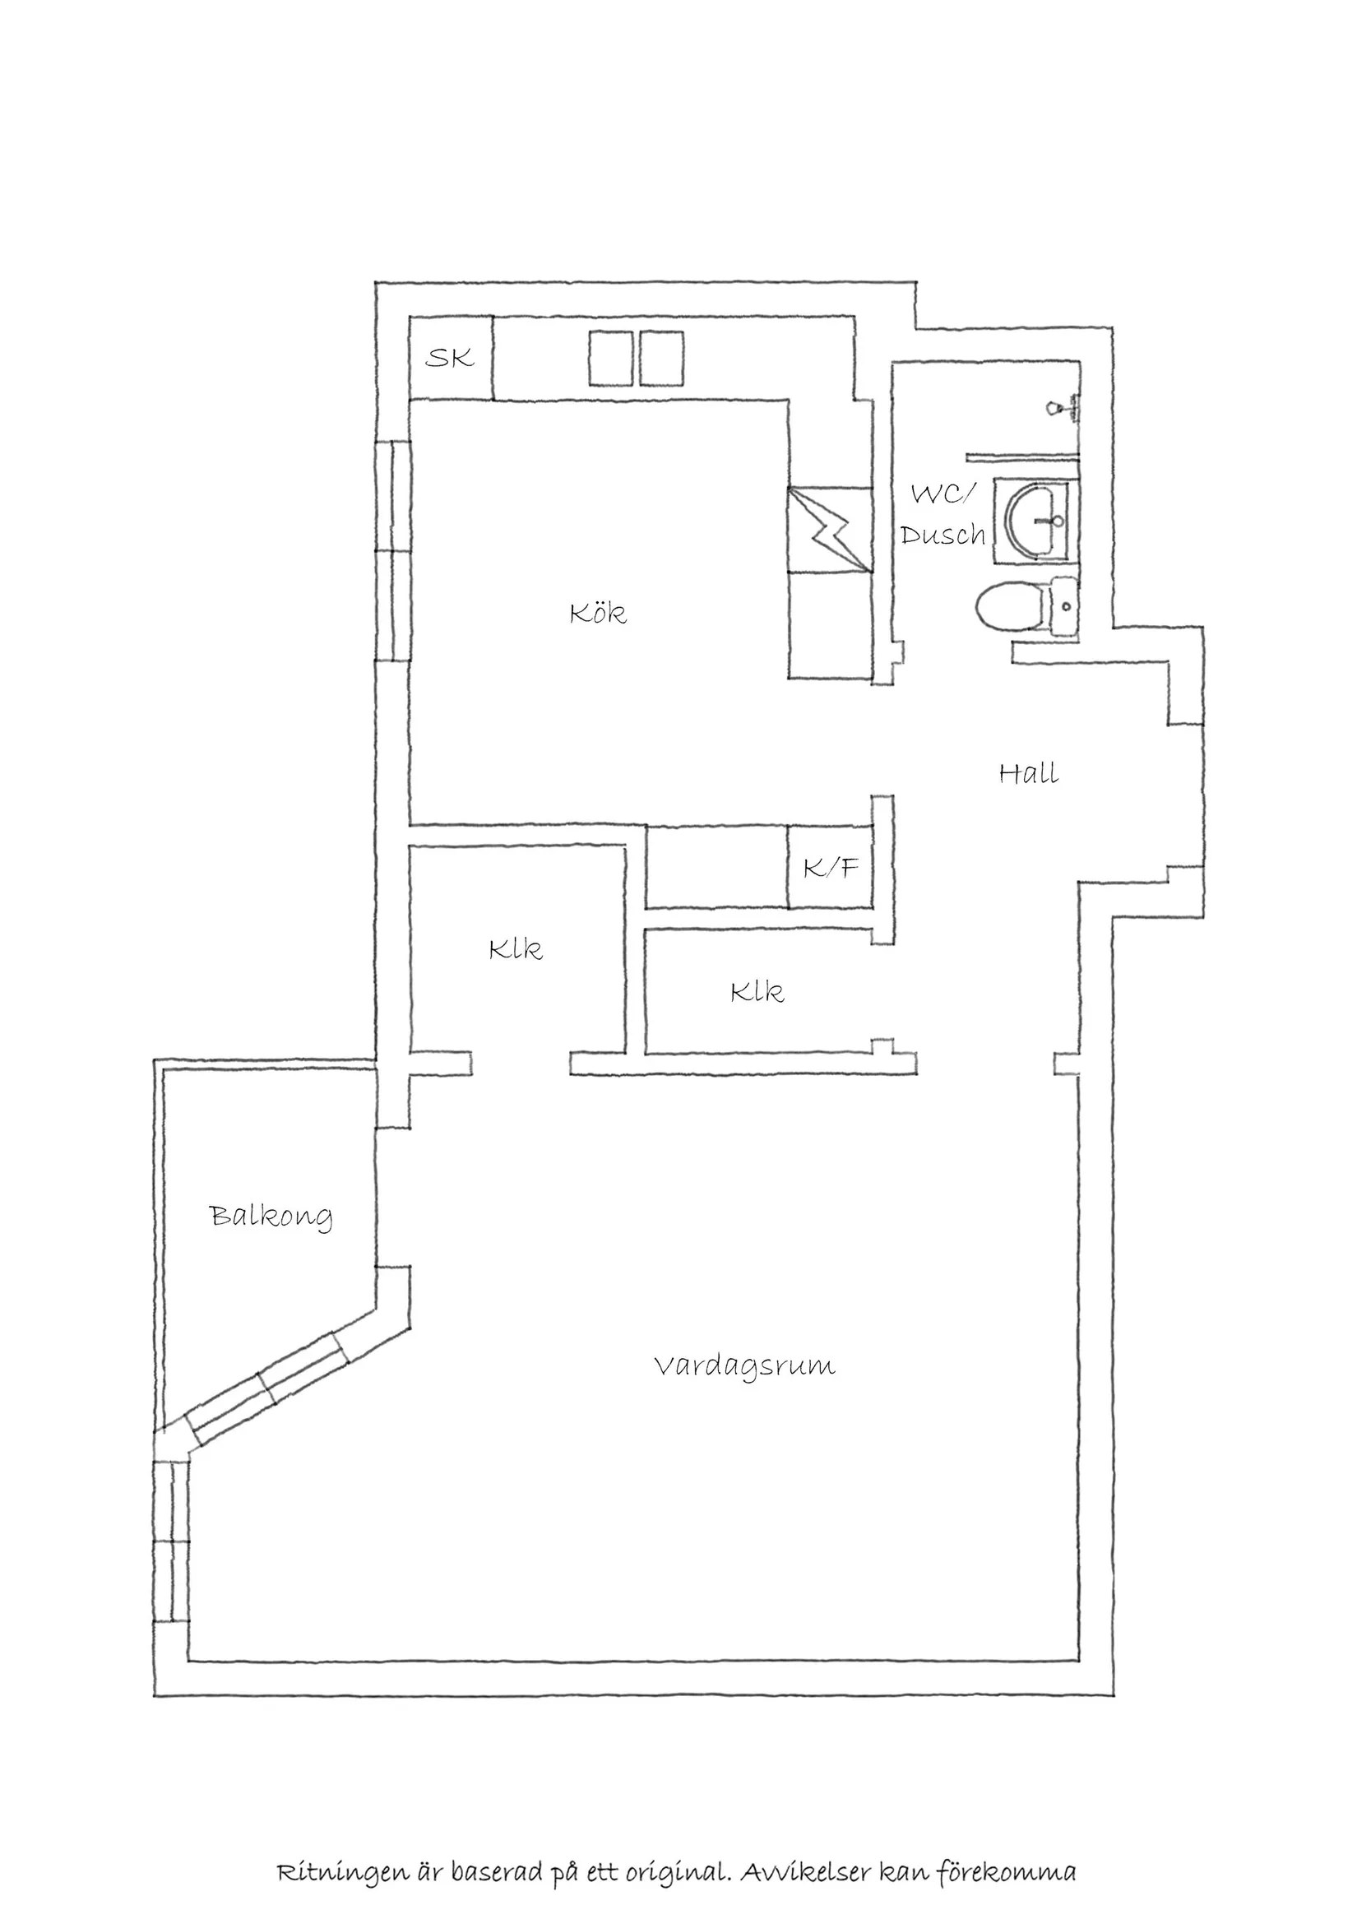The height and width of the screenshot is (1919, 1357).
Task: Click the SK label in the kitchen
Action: [x=450, y=359]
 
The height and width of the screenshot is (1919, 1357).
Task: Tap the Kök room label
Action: [x=597, y=614]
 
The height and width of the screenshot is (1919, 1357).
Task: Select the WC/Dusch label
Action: [x=942, y=516]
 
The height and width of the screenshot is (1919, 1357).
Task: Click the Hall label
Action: [x=1029, y=774]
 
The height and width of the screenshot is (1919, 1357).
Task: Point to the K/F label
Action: [x=831, y=869]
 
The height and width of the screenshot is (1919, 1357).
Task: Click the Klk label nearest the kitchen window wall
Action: [x=516, y=949]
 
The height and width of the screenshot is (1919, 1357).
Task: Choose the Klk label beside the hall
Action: [x=757, y=992]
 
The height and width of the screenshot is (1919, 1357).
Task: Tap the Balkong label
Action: [x=271, y=1217]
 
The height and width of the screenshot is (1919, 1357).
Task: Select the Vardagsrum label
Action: [x=743, y=1367]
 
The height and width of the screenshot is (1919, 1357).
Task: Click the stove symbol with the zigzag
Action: [x=829, y=530]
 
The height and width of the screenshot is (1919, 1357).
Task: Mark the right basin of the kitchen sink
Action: [x=663, y=359]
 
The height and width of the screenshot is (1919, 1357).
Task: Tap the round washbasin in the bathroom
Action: [x=1035, y=521]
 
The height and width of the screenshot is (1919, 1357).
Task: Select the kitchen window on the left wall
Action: [x=393, y=552]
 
